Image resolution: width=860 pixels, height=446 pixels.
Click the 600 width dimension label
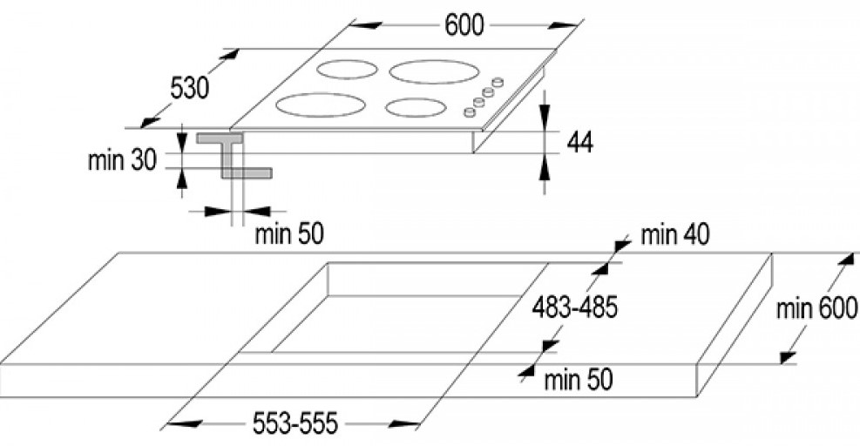pyautogui.click(x=464, y=26)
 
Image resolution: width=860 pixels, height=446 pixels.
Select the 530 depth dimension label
pyautogui.click(x=188, y=88)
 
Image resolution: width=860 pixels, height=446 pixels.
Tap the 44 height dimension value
pyautogui.click(x=579, y=142)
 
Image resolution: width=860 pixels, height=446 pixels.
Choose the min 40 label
pyautogui.click(x=674, y=234)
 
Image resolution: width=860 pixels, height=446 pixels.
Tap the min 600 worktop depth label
pyautogui.click(x=817, y=307)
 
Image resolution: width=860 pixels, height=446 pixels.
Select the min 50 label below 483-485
pyautogui.click(x=578, y=380)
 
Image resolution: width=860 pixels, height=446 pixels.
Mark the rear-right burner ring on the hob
pyautogui.click(x=433, y=71)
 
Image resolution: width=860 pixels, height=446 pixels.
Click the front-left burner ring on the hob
pyautogui.click(x=321, y=105)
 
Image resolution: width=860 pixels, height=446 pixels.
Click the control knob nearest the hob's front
pyautogui.click(x=469, y=111)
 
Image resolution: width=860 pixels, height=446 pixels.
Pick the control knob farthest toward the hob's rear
pyautogui.click(x=498, y=82)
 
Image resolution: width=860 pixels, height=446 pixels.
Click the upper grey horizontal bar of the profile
pyautogui.click(x=219, y=138)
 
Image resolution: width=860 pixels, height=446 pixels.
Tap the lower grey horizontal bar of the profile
pyautogui.click(x=247, y=173)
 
